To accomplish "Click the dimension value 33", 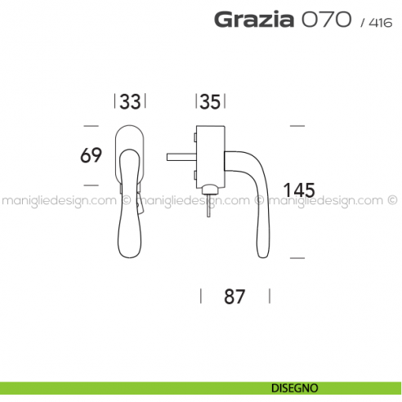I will coord(130,102).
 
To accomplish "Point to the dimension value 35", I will coord(210,102).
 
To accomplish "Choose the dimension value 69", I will coord(92,155).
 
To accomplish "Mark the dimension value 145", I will coord(298,190).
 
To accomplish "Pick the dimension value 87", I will coord(234,297).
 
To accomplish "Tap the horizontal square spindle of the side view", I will coord(180,154).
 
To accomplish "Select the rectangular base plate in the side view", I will coord(209,155).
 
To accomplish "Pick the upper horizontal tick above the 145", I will coord(297,125).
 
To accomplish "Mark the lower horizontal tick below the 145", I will coord(297,257).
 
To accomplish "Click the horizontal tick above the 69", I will coord(91,125).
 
